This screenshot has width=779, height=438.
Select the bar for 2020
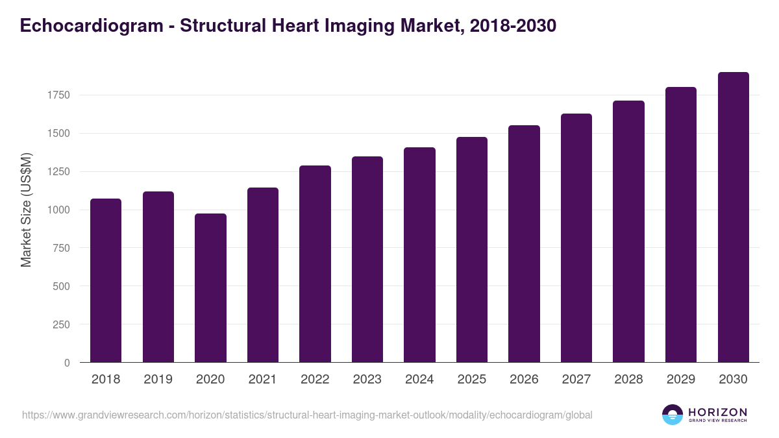(210, 288)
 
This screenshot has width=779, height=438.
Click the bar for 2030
(733, 217)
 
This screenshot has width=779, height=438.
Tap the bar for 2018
(106, 280)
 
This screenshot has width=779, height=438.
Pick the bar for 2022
(315, 264)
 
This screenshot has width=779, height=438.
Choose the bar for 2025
(472, 250)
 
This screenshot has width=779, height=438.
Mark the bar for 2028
(628, 232)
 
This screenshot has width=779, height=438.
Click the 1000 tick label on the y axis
(58, 210)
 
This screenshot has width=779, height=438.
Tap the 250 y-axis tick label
(60, 324)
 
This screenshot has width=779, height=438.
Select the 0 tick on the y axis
(67, 363)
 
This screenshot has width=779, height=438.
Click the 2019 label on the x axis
(158, 380)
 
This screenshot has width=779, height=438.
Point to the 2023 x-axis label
(367, 380)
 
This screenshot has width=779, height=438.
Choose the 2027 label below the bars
(576, 380)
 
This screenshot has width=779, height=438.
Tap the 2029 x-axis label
(680, 380)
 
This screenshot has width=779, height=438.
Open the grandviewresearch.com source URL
(307, 415)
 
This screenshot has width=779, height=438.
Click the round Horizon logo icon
(673, 415)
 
